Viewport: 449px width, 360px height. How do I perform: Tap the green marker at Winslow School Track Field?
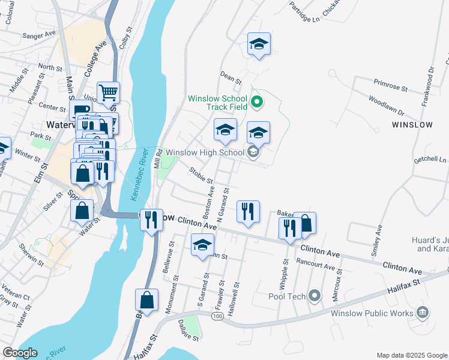coord(257,102)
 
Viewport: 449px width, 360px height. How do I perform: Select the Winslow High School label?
coord(205,152)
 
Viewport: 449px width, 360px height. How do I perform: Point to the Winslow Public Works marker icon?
coord(422,313)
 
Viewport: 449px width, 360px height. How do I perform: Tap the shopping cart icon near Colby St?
coord(109,93)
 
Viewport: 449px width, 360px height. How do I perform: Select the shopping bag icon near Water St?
coord(82,211)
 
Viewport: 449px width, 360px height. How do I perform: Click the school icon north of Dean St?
coord(259,44)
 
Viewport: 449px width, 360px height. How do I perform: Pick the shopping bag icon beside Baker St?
coord(305,223)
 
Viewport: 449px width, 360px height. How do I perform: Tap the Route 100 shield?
coord(217,316)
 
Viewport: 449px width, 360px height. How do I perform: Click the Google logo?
coord(19,353)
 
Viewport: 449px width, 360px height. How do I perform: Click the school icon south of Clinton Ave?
coord(202,245)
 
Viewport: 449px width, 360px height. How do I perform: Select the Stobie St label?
coord(201,177)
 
